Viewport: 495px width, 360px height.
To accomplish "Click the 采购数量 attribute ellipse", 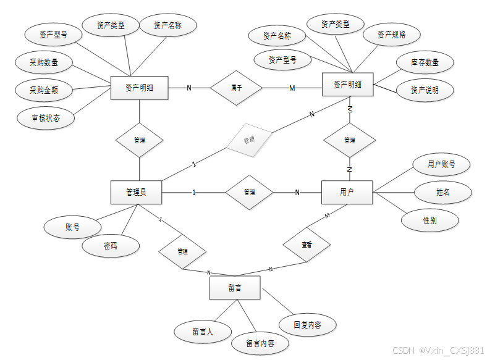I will [x=44, y=62].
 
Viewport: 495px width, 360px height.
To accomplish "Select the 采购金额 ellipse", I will [x=44, y=90].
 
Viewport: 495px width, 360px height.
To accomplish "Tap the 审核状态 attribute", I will [x=46, y=117].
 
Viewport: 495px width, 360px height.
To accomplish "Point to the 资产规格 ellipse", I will [x=392, y=35].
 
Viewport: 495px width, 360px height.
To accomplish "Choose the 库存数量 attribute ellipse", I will [x=425, y=62].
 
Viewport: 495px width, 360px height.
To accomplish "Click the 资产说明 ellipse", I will [x=425, y=90].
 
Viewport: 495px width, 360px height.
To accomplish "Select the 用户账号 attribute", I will [x=441, y=164].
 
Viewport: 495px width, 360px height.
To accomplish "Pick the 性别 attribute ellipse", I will [x=431, y=220].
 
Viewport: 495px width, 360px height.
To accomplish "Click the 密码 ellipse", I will [x=111, y=246].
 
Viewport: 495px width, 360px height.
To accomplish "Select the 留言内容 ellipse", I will [x=260, y=343].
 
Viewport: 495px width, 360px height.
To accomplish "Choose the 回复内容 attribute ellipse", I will [x=307, y=324].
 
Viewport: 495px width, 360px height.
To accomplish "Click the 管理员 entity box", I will [x=136, y=192].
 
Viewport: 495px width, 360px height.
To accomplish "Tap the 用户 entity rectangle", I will [x=347, y=192].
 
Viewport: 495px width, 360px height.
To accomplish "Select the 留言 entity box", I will [x=234, y=288].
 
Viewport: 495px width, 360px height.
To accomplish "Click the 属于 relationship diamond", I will [x=236, y=88].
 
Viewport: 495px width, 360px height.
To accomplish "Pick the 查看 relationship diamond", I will [x=307, y=245].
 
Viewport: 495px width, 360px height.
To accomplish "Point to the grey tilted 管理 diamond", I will [x=249, y=140].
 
